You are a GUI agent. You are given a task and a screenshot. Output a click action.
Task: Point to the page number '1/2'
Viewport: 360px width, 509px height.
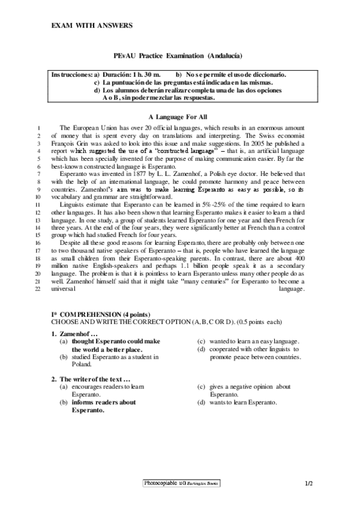tap(310, 483)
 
